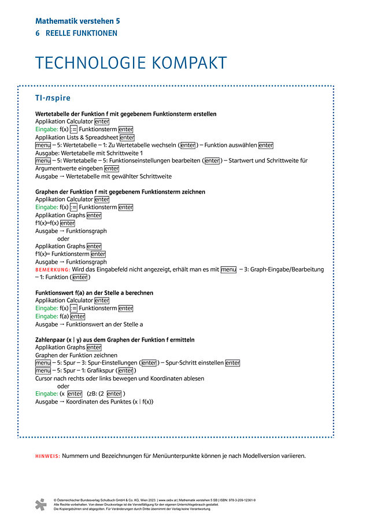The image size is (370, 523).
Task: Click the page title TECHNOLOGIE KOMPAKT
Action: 131,63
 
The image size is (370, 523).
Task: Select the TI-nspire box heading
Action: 53,98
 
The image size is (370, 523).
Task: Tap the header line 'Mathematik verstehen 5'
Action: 77,21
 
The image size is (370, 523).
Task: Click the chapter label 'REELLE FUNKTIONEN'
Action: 82,34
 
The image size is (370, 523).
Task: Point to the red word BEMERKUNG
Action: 52,270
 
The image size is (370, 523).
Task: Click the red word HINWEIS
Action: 47,456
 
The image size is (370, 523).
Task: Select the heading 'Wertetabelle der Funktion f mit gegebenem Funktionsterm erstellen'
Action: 126,114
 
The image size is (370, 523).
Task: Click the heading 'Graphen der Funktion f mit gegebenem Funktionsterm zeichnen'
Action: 120,192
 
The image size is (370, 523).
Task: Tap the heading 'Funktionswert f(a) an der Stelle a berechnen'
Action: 94,293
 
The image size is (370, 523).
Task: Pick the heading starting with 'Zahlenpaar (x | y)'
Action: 114,340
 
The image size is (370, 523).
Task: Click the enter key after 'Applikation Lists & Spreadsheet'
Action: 127,138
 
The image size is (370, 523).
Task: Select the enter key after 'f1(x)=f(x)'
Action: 67,223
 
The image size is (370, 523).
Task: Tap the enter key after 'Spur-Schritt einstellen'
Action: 232,363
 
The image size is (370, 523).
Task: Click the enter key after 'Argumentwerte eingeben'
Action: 112,169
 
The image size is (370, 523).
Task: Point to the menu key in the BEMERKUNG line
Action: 228,270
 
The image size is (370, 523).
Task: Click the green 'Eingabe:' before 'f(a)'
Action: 46,317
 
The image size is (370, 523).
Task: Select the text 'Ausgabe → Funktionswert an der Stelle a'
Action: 89,324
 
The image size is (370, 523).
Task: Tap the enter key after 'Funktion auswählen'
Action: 265,146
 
